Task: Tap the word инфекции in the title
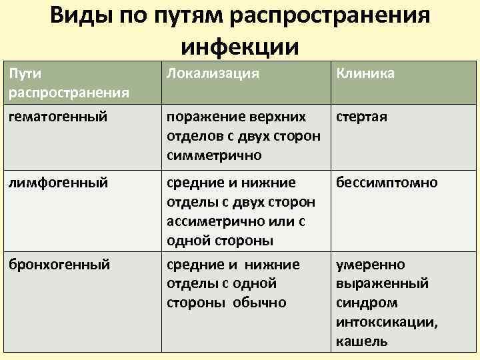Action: [239, 47]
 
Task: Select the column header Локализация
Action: [213, 73]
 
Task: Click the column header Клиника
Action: [365, 73]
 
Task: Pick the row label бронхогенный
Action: [59, 265]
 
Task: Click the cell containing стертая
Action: [362, 117]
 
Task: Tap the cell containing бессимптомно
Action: [387, 182]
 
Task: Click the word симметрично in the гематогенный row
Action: [214, 155]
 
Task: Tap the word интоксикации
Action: [387, 322]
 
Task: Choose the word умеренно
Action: [370, 265]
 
